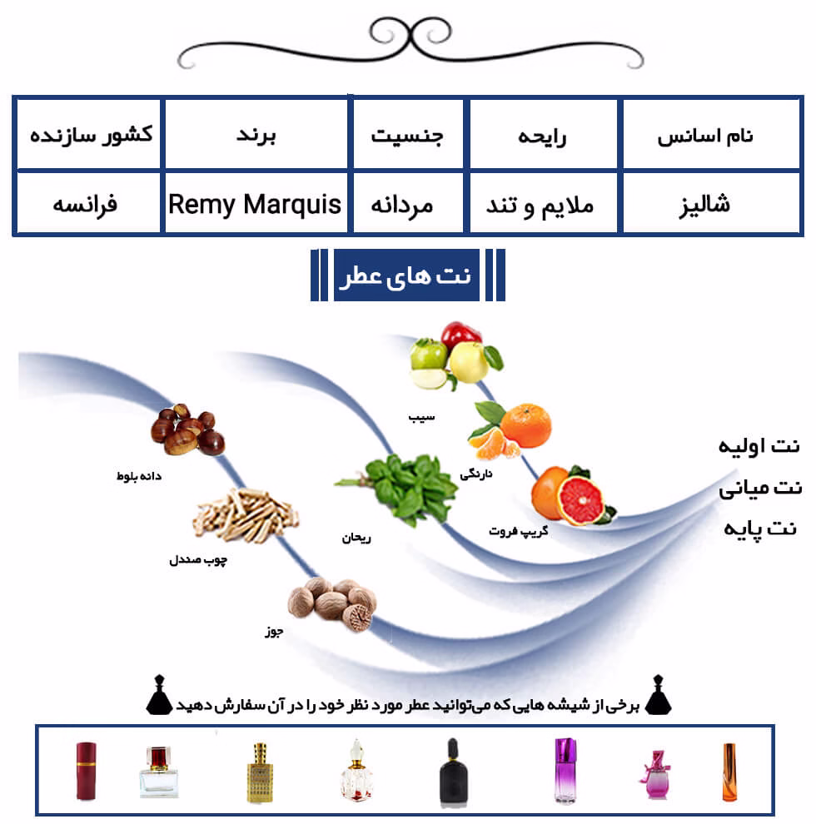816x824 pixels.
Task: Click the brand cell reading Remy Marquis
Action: click(256, 203)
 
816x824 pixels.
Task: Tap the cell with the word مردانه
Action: click(408, 203)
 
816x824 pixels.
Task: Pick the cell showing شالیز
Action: click(711, 203)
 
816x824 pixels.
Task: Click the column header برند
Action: click(256, 135)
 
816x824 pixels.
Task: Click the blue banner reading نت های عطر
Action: click(406, 275)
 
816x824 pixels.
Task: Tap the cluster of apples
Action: click(455, 355)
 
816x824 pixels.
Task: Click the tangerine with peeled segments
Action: click(510, 429)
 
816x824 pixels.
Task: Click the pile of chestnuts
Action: click(187, 429)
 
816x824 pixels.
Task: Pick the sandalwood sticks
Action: click(246, 515)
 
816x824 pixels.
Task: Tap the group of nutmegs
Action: click(332, 603)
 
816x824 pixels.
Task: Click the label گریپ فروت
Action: click(519, 531)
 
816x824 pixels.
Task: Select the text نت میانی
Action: click(760, 489)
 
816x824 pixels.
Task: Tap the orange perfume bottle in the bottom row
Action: click(729, 772)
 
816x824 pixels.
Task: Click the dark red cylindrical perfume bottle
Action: click(87, 771)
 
